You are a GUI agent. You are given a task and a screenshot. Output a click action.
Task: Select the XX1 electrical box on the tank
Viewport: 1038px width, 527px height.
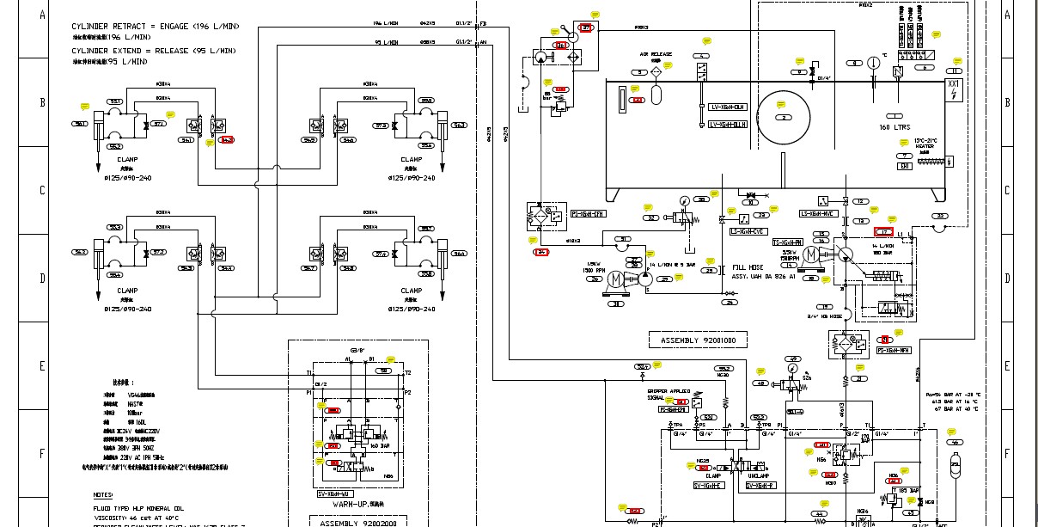(953, 89)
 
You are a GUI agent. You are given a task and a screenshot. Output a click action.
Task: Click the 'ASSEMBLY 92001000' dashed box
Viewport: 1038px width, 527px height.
(691, 340)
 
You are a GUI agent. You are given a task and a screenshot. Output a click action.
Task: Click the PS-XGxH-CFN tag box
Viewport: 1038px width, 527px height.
(589, 214)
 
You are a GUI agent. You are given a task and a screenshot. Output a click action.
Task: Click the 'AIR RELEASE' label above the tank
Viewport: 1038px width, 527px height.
(655, 53)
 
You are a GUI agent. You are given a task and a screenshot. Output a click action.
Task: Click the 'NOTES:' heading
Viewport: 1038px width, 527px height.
(104, 494)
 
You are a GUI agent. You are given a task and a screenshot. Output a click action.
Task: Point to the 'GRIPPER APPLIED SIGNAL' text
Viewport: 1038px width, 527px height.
(669, 393)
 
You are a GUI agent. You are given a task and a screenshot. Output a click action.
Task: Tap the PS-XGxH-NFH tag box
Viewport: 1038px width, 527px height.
(894, 350)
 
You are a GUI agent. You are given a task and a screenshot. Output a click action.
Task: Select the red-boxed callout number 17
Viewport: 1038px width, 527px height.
(884, 232)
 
